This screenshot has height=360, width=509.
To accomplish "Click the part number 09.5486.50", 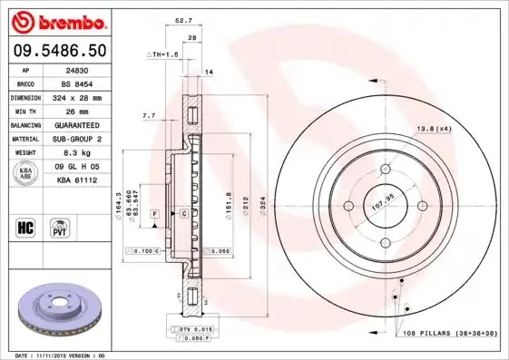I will [57, 49].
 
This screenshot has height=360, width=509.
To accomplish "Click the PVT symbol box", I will [61, 225].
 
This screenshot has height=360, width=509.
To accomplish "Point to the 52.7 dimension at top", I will [182, 19].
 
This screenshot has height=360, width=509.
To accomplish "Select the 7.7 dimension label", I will [150, 116].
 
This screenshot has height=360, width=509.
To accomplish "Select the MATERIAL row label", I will [24, 139].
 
